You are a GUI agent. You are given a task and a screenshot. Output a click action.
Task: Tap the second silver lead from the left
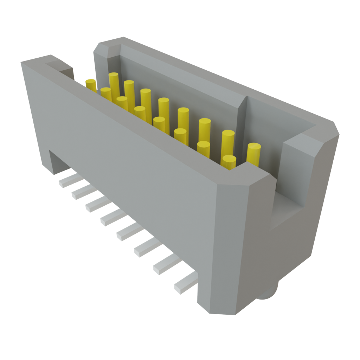(82, 192)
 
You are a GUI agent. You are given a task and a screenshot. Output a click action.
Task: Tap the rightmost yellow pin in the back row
(254, 154)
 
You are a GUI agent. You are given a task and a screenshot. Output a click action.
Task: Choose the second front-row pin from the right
(204, 149)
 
